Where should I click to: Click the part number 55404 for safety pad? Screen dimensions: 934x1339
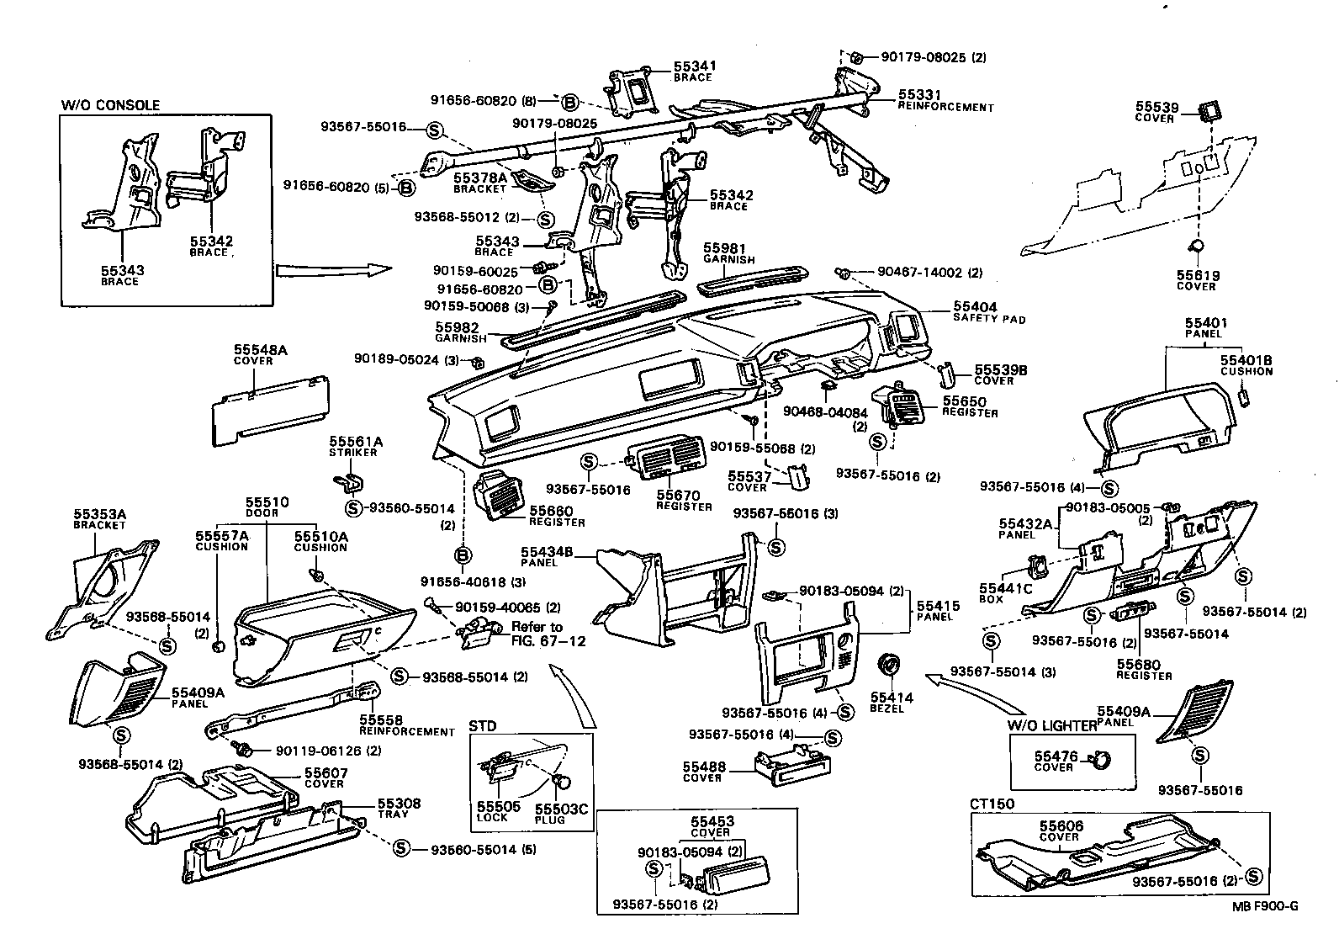coord(975,308)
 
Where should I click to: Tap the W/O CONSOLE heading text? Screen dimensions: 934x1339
coord(110,105)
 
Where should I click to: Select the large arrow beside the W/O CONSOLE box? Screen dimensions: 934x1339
coord(333,270)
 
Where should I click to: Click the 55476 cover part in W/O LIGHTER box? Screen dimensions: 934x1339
coord(1099,761)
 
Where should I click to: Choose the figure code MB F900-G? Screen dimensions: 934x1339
coord(1266,906)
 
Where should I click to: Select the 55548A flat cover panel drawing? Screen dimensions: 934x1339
coord(269,408)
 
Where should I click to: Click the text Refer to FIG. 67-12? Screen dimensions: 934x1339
coord(536,634)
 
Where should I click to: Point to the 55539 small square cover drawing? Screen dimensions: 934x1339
coord(1209,109)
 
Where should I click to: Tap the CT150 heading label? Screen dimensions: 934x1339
coord(992,804)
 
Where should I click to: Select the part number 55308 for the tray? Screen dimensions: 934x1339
coord(399,804)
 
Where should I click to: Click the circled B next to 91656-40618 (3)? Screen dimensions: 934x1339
coord(463,555)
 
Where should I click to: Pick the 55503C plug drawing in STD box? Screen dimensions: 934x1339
coord(564,782)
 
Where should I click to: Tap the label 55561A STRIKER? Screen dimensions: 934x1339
coord(355,446)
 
